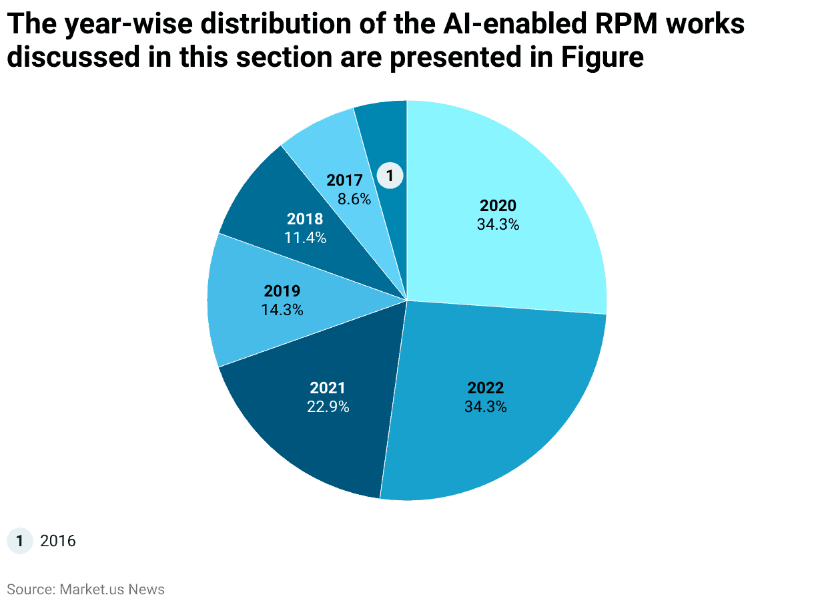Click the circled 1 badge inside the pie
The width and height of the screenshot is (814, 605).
pyautogui.click(x=390, y=176)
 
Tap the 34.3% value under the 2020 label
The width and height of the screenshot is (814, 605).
pyautogui.click(x=498, y=225)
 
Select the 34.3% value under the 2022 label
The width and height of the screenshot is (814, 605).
pyautogui.click(x=486, y=406)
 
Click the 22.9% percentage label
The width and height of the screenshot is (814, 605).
pyautogui.click(x=328, y=406)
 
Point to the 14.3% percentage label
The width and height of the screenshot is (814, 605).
pyautogui.click(x=282, y=310)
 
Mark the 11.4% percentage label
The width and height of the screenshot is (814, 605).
pyautogui.click(x=305, y=237)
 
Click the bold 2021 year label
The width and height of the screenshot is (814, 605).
pyautogui.click(x=328, y=388)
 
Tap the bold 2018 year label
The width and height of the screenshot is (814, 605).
pyautogui.click(x=305, y=219)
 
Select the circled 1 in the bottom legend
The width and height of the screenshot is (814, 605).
pyautogui.click(x=20, y=540)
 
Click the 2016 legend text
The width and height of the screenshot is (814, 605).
pyautogui.click(x=58, y=541)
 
